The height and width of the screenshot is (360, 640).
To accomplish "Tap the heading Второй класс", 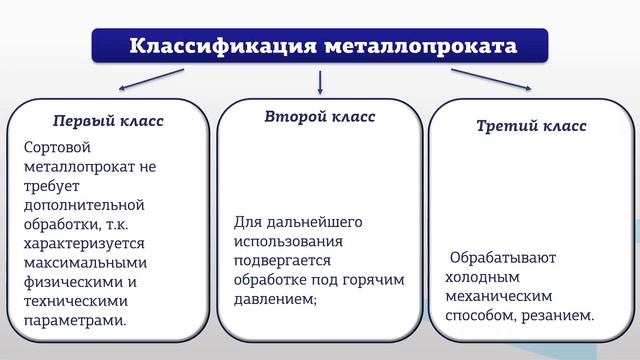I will point(320,117).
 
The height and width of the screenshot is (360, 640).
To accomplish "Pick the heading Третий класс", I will point(531,126).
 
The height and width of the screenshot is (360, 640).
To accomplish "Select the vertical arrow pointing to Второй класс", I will point(320,82).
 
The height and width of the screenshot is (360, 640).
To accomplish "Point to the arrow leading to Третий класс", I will point(490,79).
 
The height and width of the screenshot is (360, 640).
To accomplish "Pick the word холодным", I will point(483,277).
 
